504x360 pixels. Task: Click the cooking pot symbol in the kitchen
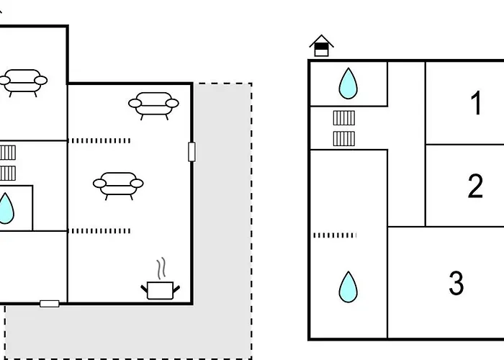coord(161,290)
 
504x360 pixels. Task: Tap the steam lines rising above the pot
coord(161,268)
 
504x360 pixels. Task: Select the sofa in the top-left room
coord(23,83)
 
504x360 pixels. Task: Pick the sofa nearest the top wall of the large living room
coord(153,106)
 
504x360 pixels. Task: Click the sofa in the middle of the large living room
coord(118,186)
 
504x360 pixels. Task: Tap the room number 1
coord(476,103)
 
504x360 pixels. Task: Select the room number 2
coord(475,186)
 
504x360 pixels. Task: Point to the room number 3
coord(456,282)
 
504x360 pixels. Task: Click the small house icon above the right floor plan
coord(321,45)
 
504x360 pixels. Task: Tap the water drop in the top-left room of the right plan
coord(348,84)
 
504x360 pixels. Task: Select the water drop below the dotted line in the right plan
coord(348,287)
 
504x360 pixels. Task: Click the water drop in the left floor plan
coord(6,208)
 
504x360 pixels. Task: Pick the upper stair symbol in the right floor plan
coord(344,118)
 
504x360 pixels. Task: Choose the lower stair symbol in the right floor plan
coord(344,138)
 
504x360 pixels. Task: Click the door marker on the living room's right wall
coord(192,152)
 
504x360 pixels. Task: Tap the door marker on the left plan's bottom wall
coord(50,304)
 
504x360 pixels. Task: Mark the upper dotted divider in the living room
coord(99,141)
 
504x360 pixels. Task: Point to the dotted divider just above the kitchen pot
coord(99,231)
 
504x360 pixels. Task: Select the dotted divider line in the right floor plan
coord(335,235)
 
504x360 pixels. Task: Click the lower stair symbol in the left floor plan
coord(8,174)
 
